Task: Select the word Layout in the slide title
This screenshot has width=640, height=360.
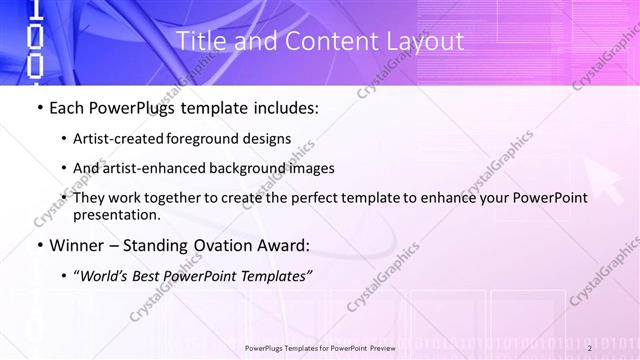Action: click(x=426, y=42)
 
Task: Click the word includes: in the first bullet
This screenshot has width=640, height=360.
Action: click(x=284, y=108)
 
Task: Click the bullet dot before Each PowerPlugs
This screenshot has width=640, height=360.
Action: click(x=38, y=108)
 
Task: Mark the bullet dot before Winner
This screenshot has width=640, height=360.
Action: click(x=38, y=245)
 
